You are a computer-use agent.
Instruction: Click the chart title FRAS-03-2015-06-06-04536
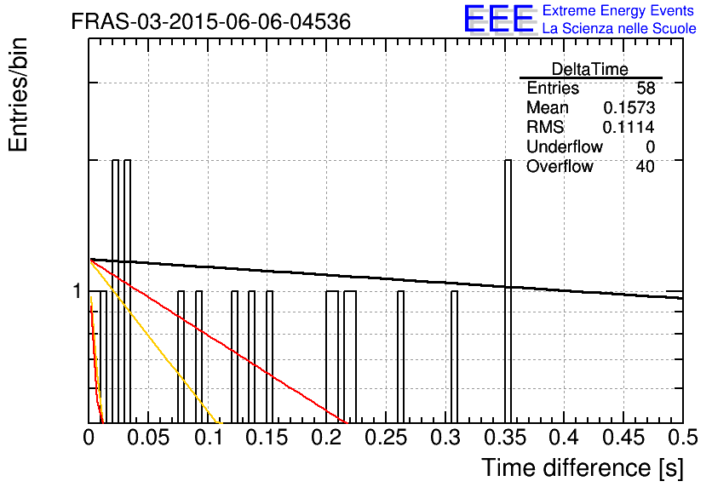pos(211,21)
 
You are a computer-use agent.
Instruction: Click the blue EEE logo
pos(499,19)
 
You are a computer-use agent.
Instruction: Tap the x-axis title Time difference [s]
pos(583,467)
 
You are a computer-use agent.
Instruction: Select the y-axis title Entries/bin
pos(18,95)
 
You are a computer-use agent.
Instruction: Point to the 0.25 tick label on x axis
pos(386,438)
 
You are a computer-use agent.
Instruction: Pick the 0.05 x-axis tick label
pos(147,438)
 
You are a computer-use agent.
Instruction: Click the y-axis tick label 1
pos(78,291)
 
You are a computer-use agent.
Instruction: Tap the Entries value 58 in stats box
pos(646,88)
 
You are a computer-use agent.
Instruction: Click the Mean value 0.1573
pos(629,107)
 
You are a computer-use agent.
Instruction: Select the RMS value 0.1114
pos(629,127)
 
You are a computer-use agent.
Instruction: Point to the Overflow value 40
pos(646,166)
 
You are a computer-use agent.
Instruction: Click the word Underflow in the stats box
pos(565,146)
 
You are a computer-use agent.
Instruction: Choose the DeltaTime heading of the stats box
pos(590,69)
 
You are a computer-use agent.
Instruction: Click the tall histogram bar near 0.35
pos(508,291)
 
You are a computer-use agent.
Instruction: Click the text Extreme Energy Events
pos(618,10)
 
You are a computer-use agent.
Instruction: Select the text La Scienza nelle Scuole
pos(619,28)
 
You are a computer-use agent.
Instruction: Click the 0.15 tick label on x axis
pos(267,438)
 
